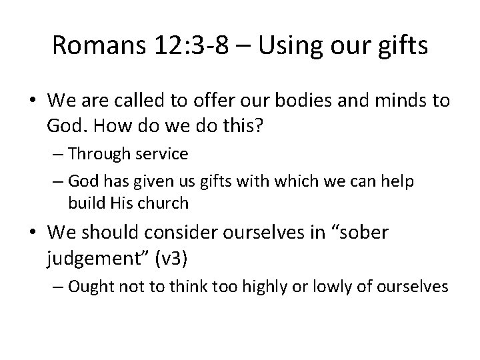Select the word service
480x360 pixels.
[x=161, y=154]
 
